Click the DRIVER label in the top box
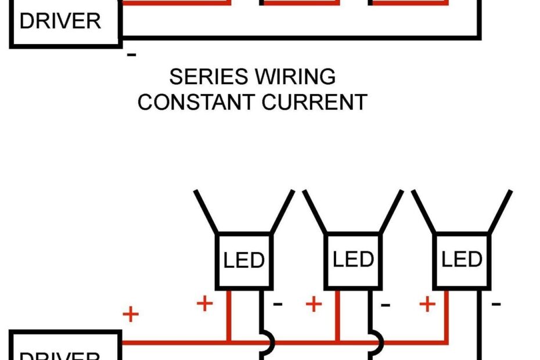[60, 21]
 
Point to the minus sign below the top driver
[132, 55]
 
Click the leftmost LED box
[244, 260]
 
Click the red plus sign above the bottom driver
[131, 315]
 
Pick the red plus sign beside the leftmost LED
[204, 303]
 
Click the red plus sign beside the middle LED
[314, 303]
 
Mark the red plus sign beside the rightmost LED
[427, 303]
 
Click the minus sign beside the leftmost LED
[278, 303]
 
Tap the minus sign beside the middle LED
[386, 303]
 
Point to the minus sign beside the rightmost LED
[496, 303]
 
